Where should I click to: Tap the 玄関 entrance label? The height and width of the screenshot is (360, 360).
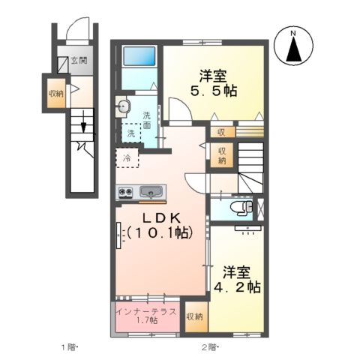(79, 61)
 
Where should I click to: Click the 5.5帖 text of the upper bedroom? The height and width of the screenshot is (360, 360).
(213, 83)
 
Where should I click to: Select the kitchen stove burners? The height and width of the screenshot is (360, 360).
(126, 193)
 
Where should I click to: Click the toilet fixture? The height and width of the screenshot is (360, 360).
(239, 208)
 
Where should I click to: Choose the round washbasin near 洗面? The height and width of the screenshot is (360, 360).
(123, 106)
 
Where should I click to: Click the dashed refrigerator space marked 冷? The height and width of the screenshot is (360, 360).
(127, 158)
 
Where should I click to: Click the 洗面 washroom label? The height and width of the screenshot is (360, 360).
(147, 120)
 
